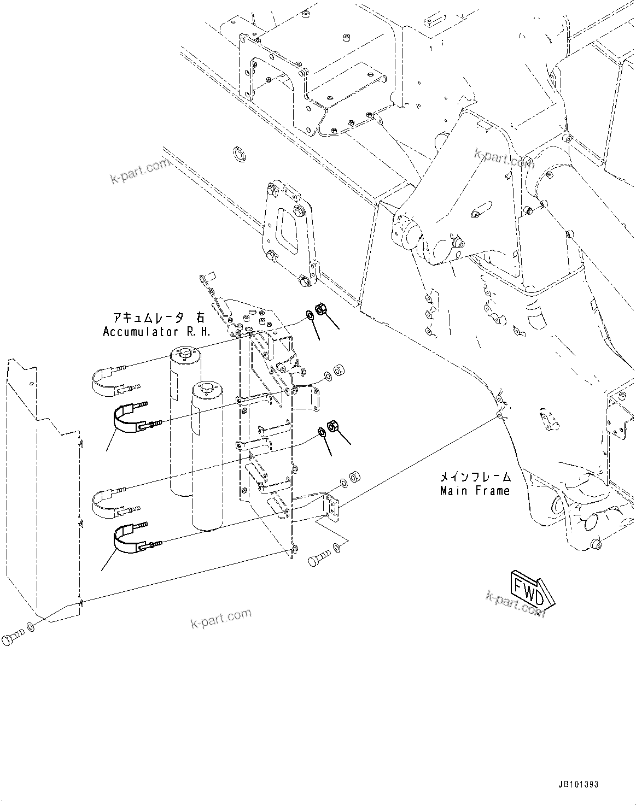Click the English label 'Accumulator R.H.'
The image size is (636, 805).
157,332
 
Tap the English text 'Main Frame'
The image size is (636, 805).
475,491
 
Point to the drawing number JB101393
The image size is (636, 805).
578,784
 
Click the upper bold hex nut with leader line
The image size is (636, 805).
322,309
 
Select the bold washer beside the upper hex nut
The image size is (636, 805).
310,315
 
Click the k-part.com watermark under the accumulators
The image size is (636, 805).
221,619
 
